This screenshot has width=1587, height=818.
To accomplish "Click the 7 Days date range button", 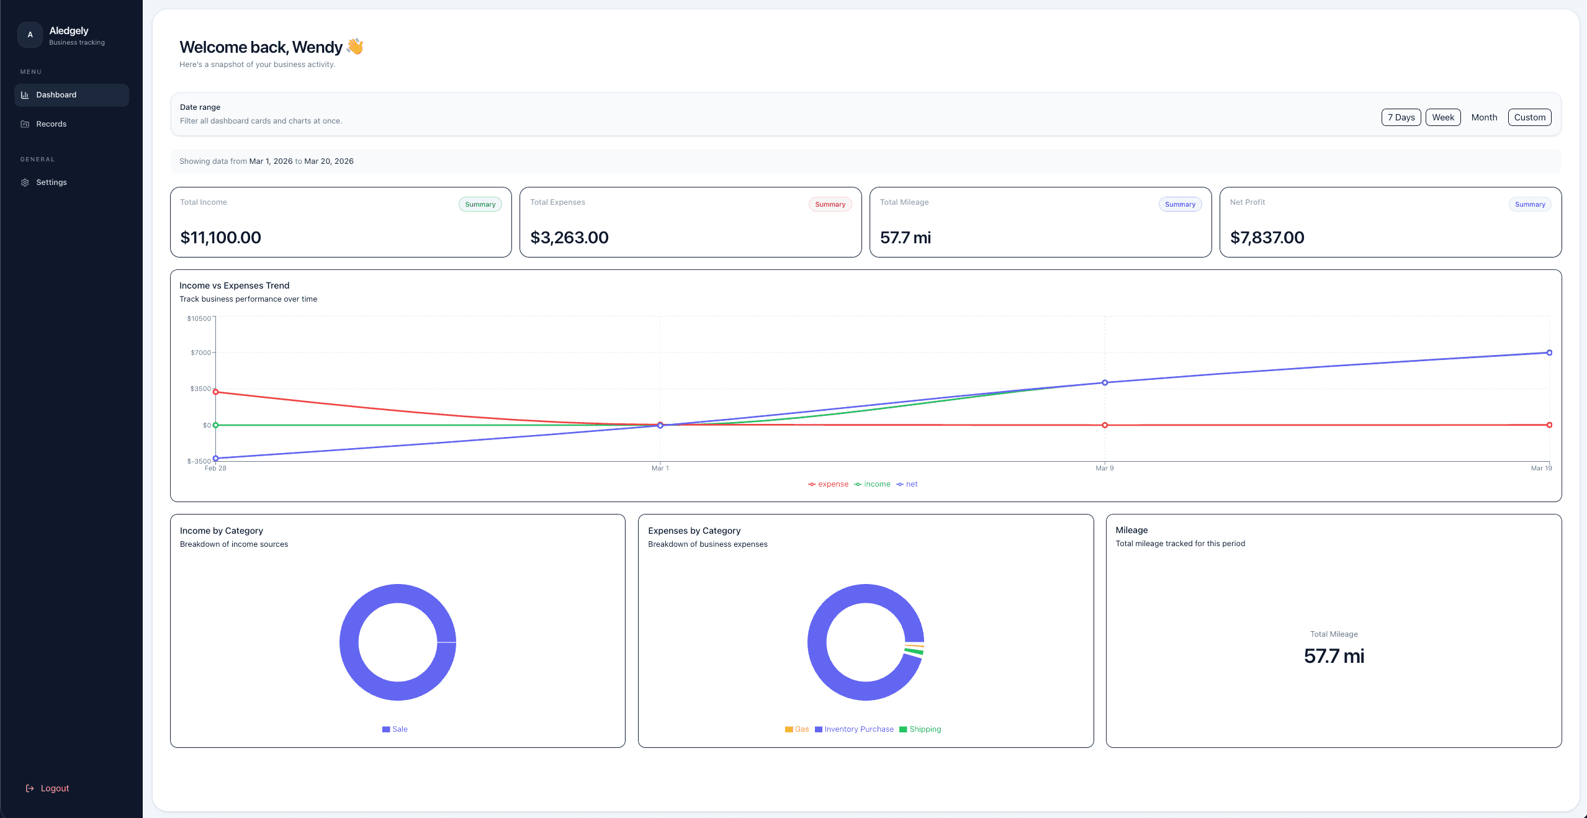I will [1401, 117].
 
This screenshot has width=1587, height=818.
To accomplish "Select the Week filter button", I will [1442, 117].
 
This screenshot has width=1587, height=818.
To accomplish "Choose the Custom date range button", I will [1529, 117].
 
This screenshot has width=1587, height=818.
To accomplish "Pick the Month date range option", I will [1484, 117].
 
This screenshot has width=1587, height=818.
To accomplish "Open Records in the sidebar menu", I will [52, 124].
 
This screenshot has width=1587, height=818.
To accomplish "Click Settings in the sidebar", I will [52, 182].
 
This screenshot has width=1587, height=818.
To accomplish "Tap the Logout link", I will [55, 788].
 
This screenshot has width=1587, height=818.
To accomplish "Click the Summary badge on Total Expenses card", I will [830, 204].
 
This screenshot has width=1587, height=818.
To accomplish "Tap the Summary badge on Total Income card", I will [480, 204].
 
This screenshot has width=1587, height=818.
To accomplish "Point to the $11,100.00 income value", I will [220, 238].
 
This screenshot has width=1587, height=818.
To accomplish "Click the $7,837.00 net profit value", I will [1267, 238].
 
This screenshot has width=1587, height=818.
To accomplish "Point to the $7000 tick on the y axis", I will [200, 353].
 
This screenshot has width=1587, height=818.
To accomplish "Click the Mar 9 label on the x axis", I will [1104, 468].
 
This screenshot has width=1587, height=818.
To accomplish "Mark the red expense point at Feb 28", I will [215, 392].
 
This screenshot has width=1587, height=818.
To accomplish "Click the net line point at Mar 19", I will [1549, 353].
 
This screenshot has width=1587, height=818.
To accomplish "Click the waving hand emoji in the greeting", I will [355, 47].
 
